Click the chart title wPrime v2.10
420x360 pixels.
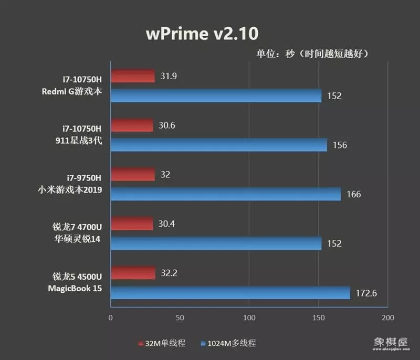[x=202, y=34]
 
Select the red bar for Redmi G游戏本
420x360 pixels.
[x=133, y=76]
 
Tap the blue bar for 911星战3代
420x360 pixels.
[x=218, y=145]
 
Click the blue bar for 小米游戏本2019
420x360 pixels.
[x=225, y=194]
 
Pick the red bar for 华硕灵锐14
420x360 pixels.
[x=132, y=224]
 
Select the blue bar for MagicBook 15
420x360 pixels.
[x=230, y=293]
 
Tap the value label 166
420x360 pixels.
[x=353, y=195]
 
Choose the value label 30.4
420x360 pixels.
[x=167, y=224]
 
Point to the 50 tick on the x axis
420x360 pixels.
[x=180, y=318]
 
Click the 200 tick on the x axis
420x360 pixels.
[x=387, y=318]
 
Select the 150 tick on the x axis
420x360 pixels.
[x=318, y=318]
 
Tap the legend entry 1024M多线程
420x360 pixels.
[x=228, y=343]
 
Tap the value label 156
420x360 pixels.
[x=340, y=145]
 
